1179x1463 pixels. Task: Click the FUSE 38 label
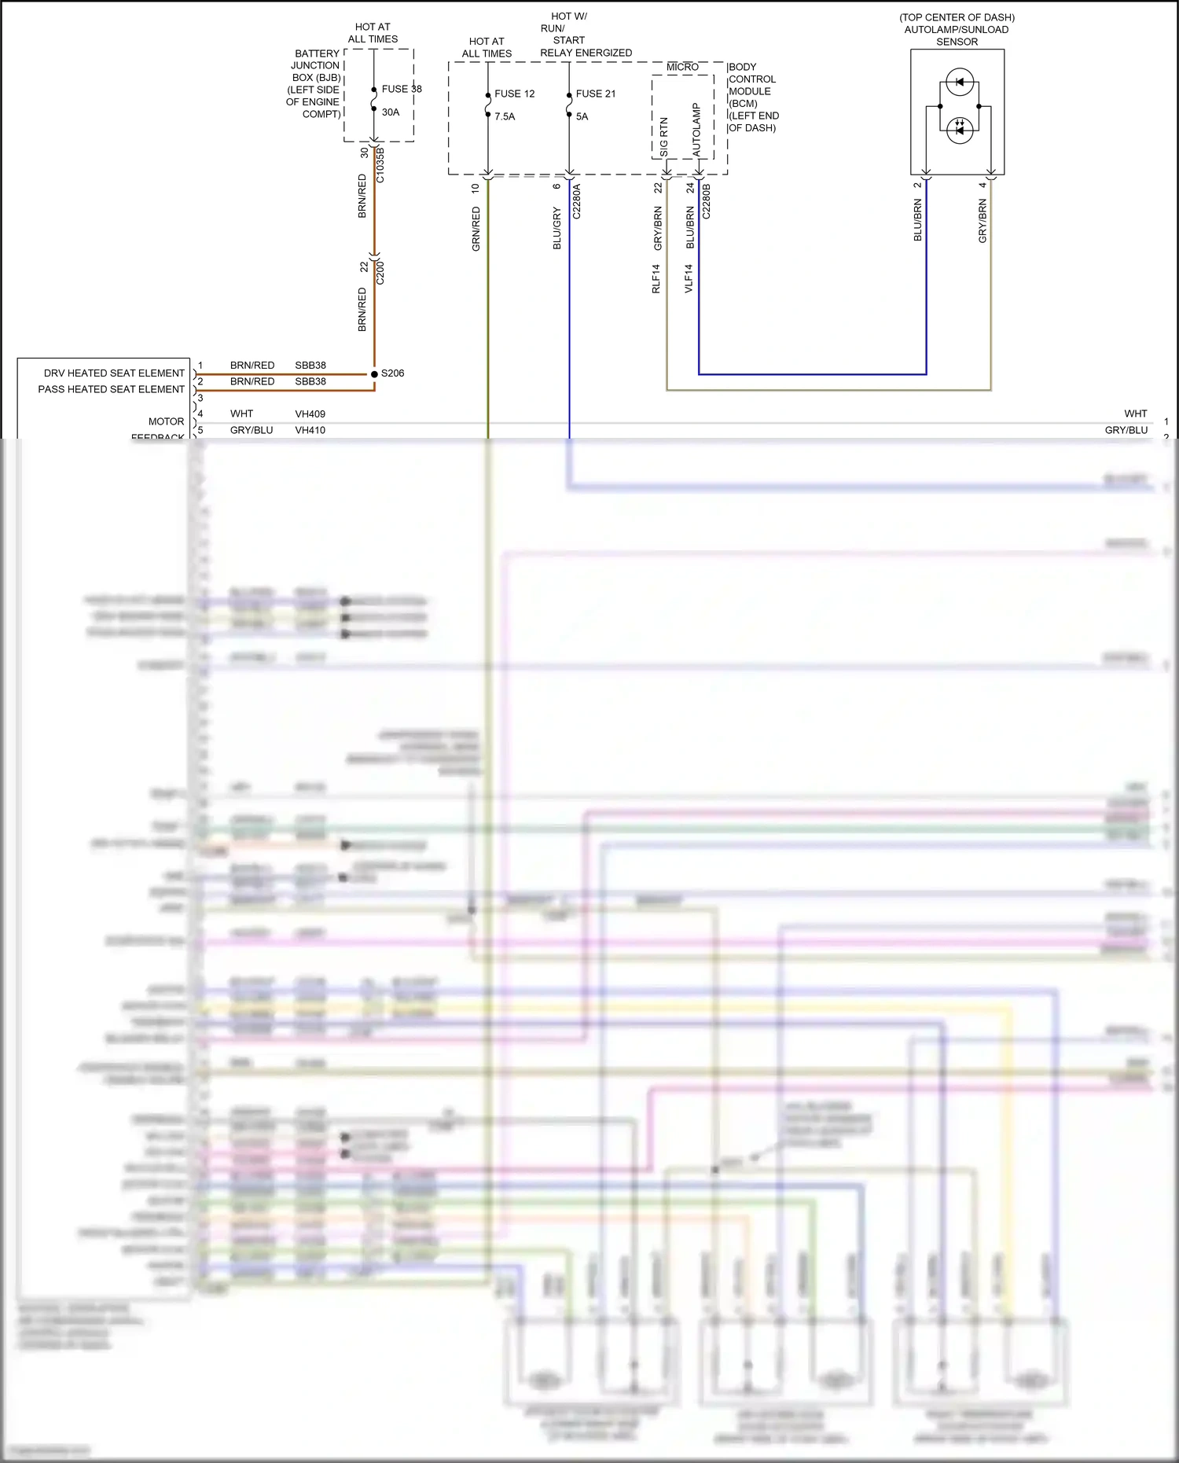(x=402, y=89)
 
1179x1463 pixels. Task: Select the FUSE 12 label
(x=514, y=94)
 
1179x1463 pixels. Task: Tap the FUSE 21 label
(x=596, y=94)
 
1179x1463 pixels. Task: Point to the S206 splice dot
(x=374, y=373)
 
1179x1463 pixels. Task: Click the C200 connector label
(x=380, y=272)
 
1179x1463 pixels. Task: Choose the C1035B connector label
(x=380, y=165)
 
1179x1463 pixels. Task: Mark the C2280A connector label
(x=576, y=201)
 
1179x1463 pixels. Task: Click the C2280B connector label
(x=706, y=201)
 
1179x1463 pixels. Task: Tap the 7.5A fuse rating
(x=505, y=116)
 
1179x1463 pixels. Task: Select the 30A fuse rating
(x=391, y=112)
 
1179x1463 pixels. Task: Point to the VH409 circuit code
(x=310, y=414)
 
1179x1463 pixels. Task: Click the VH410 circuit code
(x=310, y=430)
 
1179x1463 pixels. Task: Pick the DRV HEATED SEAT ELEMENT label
(x=114, y=373)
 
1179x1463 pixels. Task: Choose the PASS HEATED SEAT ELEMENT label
(x=111, y=389)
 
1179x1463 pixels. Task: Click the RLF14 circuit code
(x=656, y=279)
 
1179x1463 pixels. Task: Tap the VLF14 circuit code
(x=689, y=279)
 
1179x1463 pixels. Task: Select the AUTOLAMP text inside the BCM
(x=696, y=128)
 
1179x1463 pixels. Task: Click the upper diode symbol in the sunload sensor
(x=960, y=82)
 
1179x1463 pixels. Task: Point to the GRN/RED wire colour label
(x=476, y=229)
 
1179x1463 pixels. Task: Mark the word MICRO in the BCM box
(x=682, y=68)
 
